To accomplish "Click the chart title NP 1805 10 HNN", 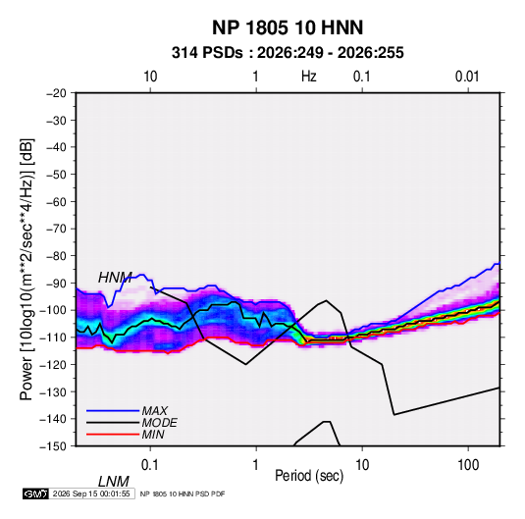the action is (288, 27).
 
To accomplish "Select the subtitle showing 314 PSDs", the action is (288, 53).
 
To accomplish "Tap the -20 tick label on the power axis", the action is (56, 93).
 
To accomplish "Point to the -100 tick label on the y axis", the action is (53, 310).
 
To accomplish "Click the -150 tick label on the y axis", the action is (53, 446).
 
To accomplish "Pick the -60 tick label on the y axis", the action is (56, 201).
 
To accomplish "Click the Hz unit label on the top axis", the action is (309, 77).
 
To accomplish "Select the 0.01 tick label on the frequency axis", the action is (467, 77).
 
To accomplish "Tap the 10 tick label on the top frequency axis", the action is (150, 77).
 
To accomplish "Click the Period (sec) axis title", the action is (309, 476).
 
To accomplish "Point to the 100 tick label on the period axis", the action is (468, 465).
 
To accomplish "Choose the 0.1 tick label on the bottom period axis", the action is (150, 465).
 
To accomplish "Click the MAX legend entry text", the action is (154, 410).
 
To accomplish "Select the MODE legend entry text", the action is (159, 423).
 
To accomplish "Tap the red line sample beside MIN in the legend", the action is (113, 435).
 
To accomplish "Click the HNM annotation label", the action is (115, 278).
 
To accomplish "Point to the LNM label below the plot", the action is (113, 482).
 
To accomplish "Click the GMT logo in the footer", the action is (35, 493).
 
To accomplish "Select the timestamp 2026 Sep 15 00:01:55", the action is (91, 493).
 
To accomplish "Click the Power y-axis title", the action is (26, 269).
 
